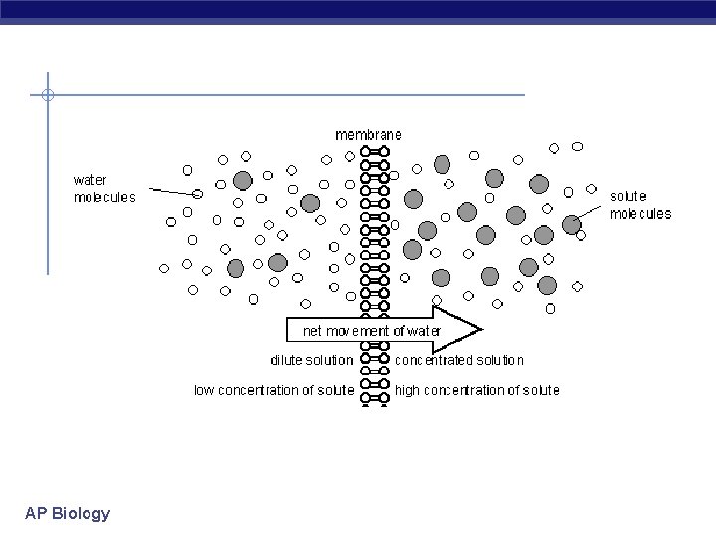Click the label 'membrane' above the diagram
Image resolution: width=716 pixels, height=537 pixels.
(369, 134)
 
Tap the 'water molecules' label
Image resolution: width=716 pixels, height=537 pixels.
(104, 188)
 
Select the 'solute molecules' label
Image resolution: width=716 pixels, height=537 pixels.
(639, 205)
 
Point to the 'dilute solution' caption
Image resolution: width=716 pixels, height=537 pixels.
(311, 360)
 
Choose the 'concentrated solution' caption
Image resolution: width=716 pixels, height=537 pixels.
(458, 360)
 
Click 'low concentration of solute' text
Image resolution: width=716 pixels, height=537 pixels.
(273, 390)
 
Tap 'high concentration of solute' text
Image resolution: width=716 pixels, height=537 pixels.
(476, 390)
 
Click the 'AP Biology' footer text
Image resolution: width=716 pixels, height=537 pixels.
(68, 514)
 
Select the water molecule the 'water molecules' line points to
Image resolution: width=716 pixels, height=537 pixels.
(199, 193)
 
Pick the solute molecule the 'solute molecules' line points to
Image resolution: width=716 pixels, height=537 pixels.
(571, 225)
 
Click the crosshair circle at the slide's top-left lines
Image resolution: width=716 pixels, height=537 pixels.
(47, 96)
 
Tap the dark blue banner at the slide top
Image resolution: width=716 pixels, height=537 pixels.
(358, 10)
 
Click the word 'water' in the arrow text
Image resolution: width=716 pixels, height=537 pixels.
(421, 330)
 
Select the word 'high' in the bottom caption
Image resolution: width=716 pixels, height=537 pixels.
(407, 390)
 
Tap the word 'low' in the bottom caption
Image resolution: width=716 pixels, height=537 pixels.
(204, 390)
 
